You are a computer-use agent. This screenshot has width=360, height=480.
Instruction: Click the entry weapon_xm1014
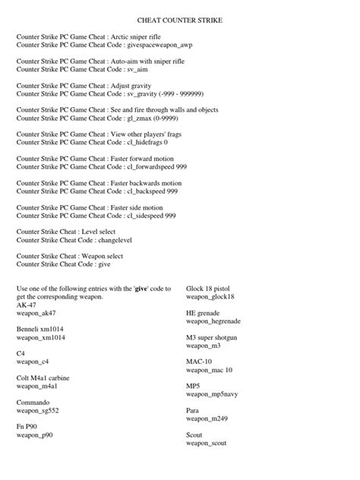(39, 335)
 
